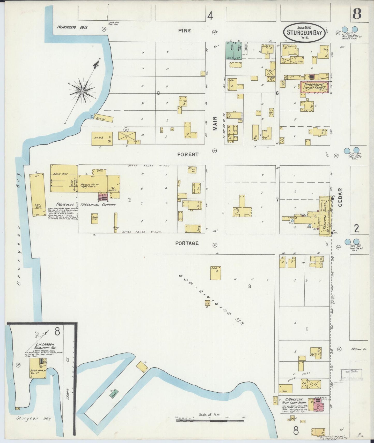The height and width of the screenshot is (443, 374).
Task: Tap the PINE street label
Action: [185, 30]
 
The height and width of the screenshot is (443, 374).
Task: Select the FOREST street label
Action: [188, 154]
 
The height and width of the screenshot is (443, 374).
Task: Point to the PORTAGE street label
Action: [187, 243]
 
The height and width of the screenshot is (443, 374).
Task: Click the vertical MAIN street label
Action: [215, 123]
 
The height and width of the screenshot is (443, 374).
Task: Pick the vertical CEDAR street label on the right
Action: [340, 197]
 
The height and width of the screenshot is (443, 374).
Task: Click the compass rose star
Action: [82, 90]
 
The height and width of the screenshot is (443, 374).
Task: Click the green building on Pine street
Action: [234, 50]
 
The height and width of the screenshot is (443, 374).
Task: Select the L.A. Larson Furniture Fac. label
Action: [42, 346]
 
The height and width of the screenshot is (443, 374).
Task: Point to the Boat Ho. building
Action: [104, 118]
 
